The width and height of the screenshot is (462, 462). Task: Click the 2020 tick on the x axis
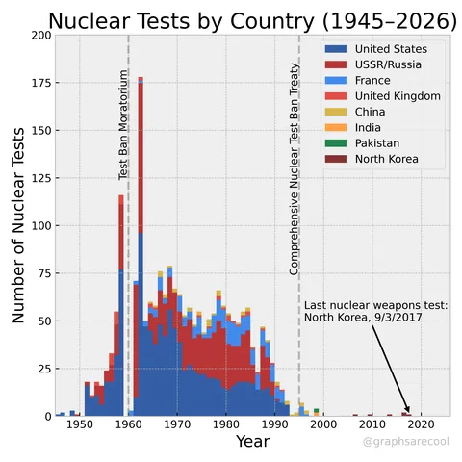(422, 424)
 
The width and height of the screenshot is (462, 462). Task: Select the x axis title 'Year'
(252, 442)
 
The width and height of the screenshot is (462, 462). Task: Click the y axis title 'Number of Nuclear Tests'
(17, 225)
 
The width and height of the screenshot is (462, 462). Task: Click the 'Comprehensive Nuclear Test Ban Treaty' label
(295, 169)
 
